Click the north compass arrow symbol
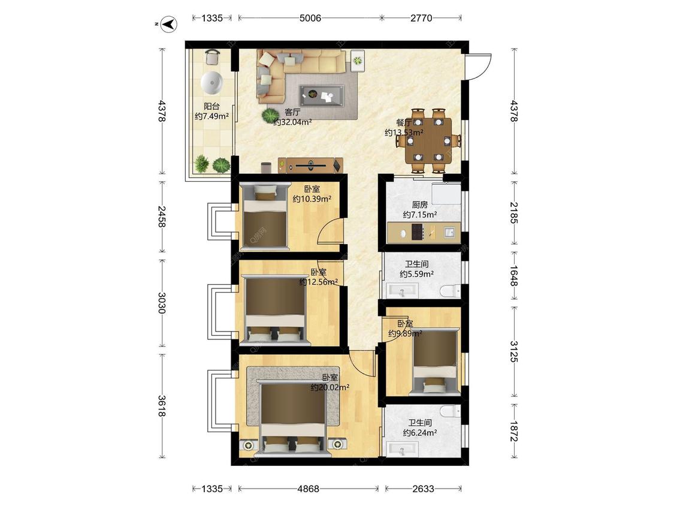170,24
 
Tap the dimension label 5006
310,18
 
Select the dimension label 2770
421,18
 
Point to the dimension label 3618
162,406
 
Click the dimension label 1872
514,430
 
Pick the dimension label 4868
309,489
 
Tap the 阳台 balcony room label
211,106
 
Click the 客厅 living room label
292,112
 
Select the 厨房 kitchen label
419,205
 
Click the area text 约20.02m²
330,387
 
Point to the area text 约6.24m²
420,433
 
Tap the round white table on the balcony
211,83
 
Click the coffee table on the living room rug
322,95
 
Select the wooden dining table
428,140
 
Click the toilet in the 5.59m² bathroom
451,290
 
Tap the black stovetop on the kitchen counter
417,233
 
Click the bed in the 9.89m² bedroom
434,361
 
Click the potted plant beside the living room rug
270,115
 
